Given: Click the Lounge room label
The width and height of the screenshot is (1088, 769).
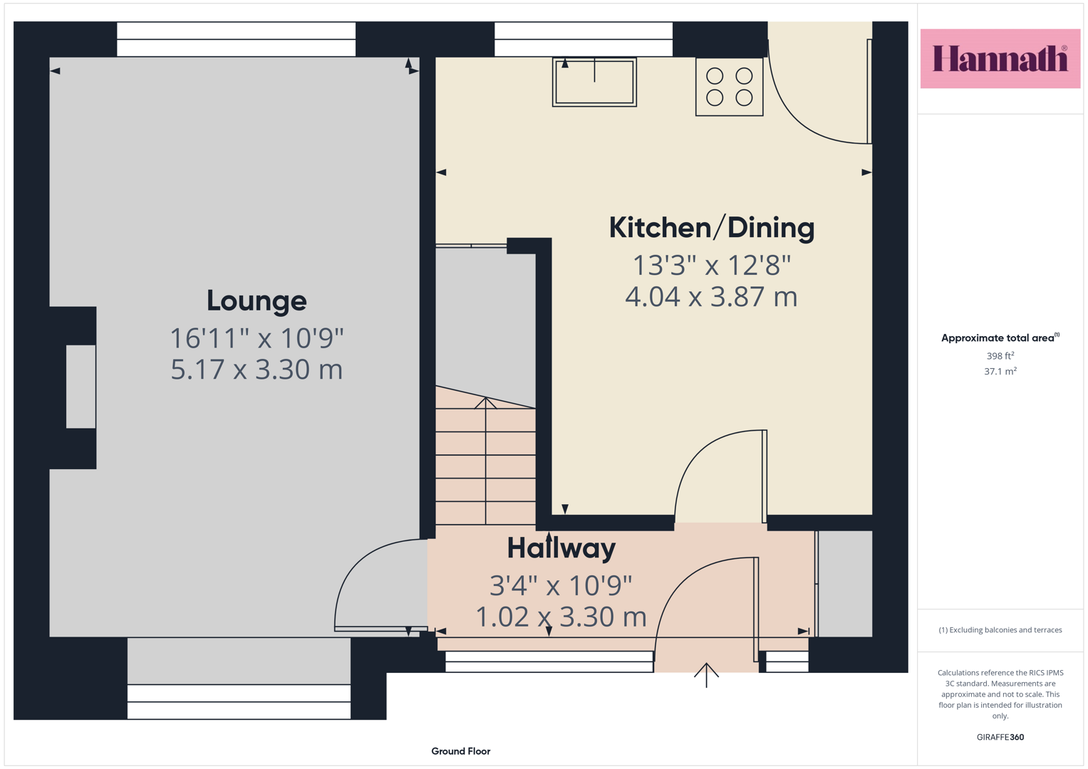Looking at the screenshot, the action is tap(257, 301).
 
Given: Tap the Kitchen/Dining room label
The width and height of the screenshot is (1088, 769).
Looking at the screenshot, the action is tap(712, 228).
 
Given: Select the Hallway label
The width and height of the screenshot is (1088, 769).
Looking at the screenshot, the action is tap(561, 548).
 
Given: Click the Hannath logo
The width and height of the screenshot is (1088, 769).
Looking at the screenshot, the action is tap(1000, 58).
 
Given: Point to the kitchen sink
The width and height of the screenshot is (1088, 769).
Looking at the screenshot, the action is tap(594, 82).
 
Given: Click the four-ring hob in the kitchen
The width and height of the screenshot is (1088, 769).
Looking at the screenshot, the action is tap(729, 86).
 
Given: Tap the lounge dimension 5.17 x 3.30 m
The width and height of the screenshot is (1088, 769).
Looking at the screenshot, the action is tap(257, 370).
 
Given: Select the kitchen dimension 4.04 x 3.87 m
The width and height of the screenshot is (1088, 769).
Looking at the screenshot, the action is tap(711, 297).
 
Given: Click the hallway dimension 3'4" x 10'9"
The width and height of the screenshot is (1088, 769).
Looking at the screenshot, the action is tap(561, 585).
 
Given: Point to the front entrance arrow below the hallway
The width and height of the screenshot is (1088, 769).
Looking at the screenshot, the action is tap(706, 675).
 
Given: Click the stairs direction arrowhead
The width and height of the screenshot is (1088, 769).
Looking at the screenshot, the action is tap(486, 403).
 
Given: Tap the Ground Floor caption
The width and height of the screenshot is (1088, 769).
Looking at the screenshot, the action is tap(460, 751).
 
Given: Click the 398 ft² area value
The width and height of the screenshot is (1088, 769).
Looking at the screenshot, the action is tap(1000, 356).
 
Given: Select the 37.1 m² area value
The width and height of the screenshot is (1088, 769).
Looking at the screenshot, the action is tap(1000, 372).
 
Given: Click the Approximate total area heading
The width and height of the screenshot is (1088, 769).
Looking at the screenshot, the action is tap(1000, 338).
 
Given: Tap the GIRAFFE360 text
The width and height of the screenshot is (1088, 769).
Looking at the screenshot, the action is tap(1000, 737).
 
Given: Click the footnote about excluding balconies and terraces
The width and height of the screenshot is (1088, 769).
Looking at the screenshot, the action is tap(1000, 629).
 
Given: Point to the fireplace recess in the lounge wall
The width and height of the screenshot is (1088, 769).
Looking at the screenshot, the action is tap(81, 387).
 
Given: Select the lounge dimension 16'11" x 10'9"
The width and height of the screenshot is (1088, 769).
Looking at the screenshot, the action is tap(257, 338).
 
